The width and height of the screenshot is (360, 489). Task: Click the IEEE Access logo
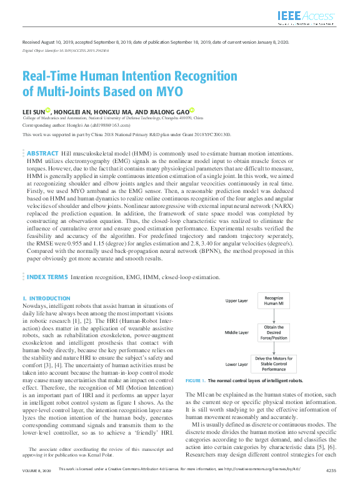[307, 17]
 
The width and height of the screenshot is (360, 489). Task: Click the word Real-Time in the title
[54, 77]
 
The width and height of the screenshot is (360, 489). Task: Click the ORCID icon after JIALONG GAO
[192, 109]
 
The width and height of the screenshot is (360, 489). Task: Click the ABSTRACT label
[43, 153]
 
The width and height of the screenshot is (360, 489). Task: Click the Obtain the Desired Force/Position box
[274, 332]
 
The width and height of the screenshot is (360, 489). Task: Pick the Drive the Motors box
[274, 364]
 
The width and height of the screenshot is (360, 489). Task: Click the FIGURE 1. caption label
[195, 380]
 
